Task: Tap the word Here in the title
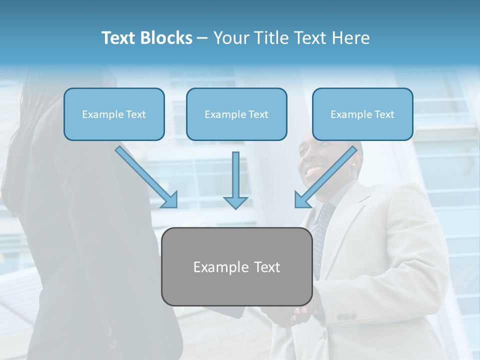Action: tap(351, 38)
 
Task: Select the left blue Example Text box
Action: tap(114, 114)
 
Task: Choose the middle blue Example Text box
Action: tap(236, 114)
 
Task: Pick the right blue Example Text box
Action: tap(362, 114)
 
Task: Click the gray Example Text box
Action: tap(236, 267)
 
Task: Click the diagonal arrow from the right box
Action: tap(325, 177)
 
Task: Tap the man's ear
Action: tap(356, 161)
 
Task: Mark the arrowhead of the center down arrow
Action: tap(235, 202)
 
